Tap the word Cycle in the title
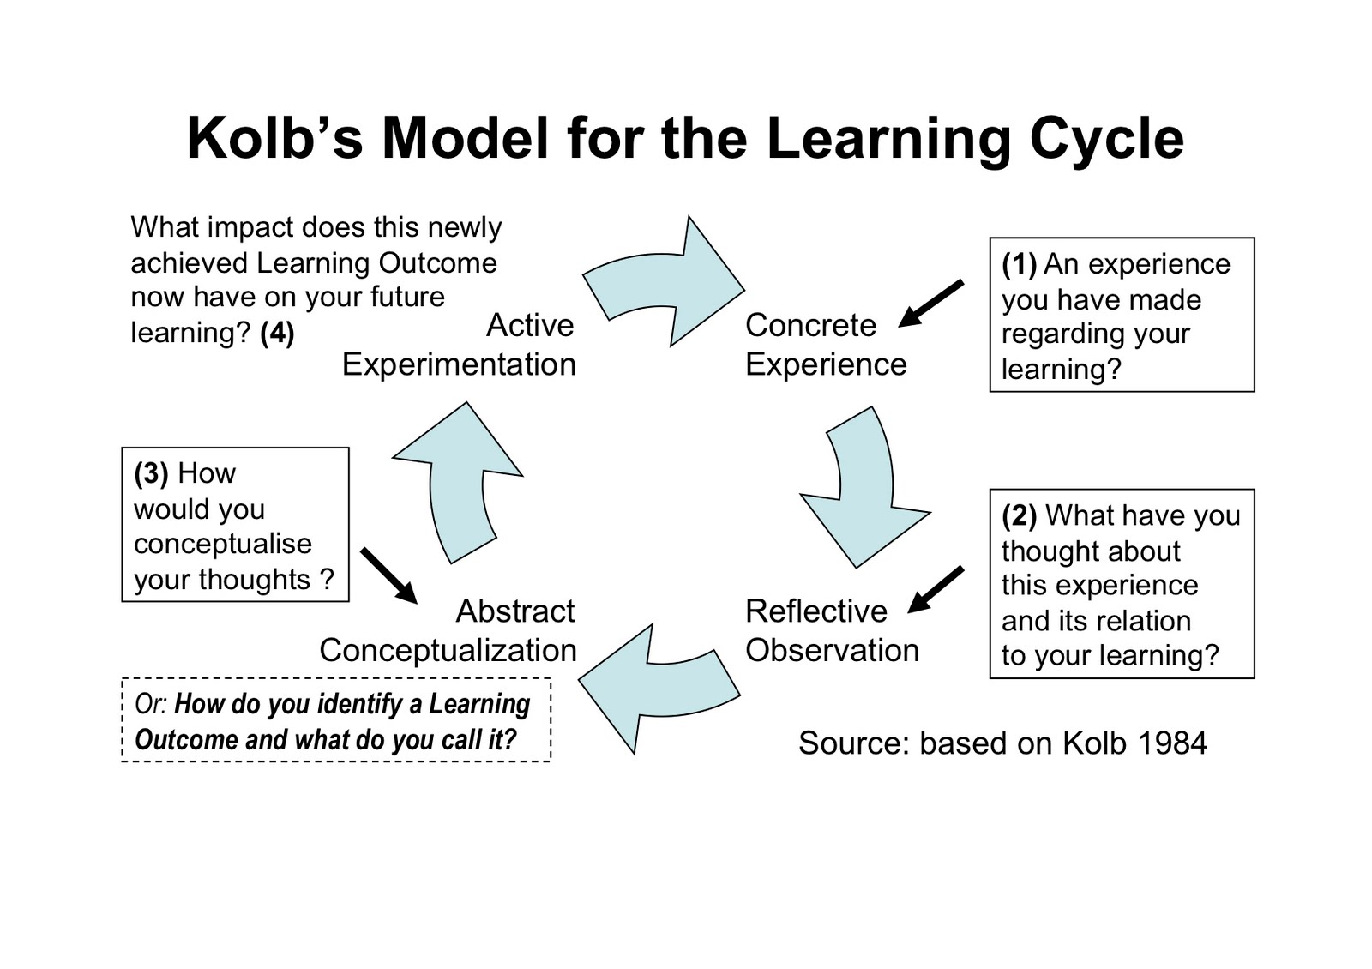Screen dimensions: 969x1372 (x=1106, y=137)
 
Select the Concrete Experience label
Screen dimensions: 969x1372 (x=825, y=345)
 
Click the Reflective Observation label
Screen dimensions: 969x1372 (x=831, y=630)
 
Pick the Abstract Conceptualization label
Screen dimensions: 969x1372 (x=448, y=630)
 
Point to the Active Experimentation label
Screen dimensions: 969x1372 (x=460, y=345)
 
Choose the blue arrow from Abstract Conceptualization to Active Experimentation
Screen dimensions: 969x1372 (x=459, y=480)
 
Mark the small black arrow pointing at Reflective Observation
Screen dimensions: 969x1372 (x=936, y=589)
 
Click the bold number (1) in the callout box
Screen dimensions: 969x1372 (x=1020, y=264)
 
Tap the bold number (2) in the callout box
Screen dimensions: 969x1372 (x=1020, y=515)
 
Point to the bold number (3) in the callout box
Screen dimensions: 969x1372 (x=152, y=473)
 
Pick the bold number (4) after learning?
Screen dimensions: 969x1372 (x=277, y=333)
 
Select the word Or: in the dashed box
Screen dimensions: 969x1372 (x=151, y=704)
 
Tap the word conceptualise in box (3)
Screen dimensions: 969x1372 (x=223, y=544)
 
